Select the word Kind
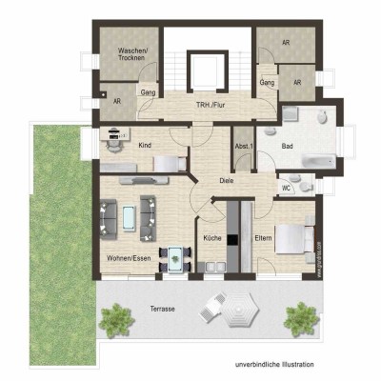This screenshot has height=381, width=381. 145,145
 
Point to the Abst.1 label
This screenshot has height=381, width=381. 245,146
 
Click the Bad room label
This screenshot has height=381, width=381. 287,146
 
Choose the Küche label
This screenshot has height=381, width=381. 211,239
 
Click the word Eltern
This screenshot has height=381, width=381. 264,239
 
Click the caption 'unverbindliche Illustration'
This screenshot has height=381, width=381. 274,365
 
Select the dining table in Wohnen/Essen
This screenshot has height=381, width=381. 174,254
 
